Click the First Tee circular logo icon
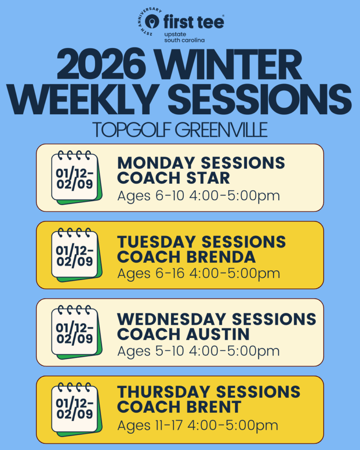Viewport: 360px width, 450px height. [x=152, y=22]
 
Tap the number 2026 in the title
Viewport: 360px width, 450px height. [x=101, y=65]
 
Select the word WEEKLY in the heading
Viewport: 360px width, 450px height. [x=83, y=99]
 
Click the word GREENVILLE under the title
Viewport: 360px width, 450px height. [x=222, y=130]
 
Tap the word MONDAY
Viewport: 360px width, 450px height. [x=156, y=163]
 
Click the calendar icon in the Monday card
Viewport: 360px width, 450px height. [x=76, y=178]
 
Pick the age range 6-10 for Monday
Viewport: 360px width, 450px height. [x=170, y=196]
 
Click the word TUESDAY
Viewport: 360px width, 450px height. [x=156, y=242]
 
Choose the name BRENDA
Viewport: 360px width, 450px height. [x=221, y=257]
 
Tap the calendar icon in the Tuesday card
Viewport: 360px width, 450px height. [x=76, y=255]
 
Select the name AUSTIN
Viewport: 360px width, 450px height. [x=218, y=334]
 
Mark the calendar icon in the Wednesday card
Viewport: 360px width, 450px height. [x=76, y=332]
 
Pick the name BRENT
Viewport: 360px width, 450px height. [x=214, y=407]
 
